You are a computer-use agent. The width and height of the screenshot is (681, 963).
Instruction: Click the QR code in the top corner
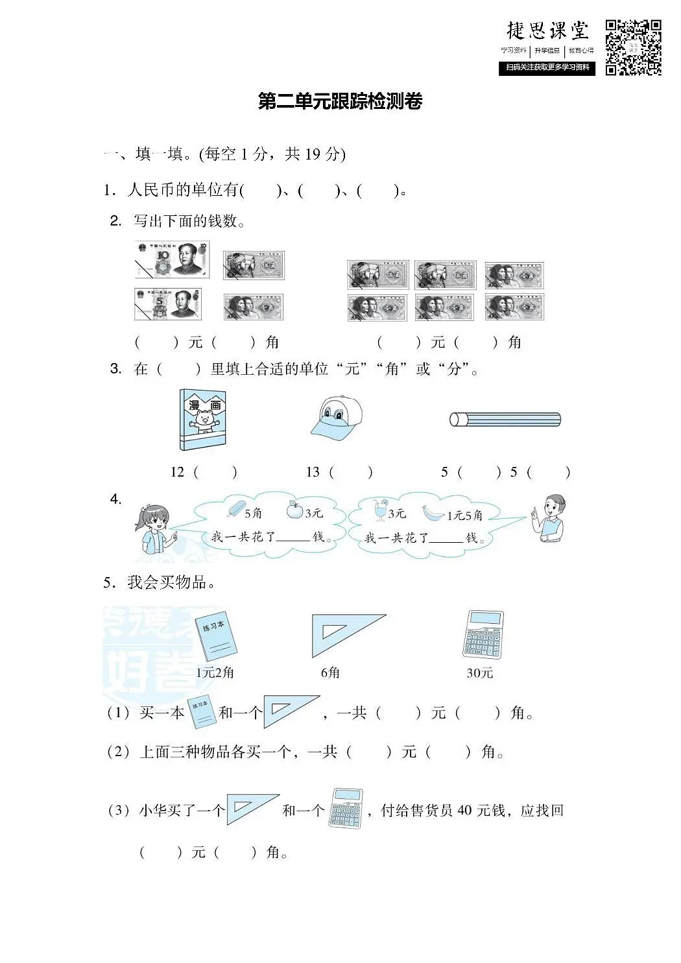click(633, 47)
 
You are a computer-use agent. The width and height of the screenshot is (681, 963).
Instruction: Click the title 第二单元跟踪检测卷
click(340, 102)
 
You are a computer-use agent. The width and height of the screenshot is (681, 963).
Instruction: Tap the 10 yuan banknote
click(172, 259)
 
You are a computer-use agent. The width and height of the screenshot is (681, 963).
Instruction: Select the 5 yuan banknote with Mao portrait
click(168, 304)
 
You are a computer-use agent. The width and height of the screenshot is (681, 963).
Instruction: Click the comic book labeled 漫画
click(203, 420)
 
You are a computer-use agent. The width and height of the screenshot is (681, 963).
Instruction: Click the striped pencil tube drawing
click(505, 420)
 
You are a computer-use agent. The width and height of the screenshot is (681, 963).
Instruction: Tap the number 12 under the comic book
click(177, 472)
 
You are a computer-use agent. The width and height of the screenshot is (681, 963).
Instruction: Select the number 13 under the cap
click(313, 472)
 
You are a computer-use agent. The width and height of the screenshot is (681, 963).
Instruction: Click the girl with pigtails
click(154, 528)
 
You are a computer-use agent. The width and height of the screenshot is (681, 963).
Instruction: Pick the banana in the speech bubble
click(433, 513)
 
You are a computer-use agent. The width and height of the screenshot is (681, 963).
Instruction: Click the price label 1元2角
click(215, 672)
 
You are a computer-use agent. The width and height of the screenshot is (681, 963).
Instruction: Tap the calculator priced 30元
click(483, 634)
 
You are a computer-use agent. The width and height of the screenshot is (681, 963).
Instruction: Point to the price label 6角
click(330, 672)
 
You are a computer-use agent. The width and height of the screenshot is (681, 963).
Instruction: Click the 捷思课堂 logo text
click(547, 31)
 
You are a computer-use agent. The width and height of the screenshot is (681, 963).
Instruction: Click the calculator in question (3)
click(346, 808)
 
